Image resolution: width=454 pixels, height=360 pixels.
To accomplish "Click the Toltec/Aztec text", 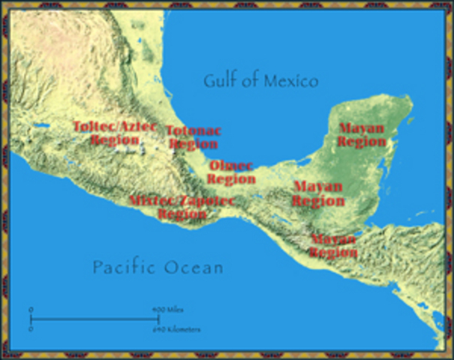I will point(114,126).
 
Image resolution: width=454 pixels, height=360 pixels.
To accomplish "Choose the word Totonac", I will point(194,130).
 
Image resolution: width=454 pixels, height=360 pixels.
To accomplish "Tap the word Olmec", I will point(231,166).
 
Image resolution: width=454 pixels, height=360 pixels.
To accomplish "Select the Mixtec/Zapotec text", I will point(182,201).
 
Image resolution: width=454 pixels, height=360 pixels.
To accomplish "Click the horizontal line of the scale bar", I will point(90,319).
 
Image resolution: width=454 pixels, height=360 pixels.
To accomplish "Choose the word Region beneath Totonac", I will point(194,144).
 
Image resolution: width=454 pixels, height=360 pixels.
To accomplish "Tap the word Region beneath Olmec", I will point(231,179).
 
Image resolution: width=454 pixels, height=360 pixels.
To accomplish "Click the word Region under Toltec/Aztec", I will point(114,139).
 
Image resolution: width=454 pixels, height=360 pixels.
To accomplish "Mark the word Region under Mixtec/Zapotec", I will point(182,214).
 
